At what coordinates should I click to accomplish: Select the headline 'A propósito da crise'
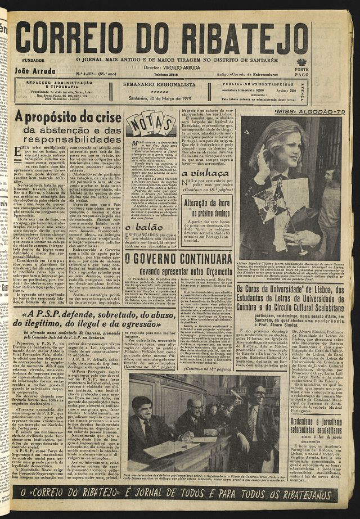68,118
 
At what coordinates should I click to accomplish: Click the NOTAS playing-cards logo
150,124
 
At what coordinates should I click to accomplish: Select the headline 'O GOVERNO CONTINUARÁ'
177,259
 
